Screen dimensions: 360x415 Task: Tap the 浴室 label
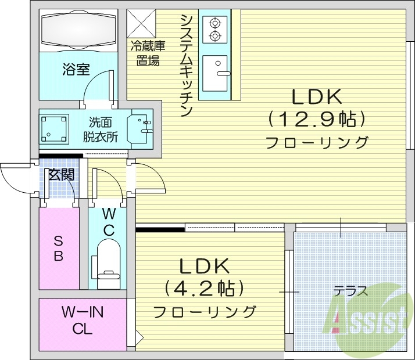pyautogui.click(x=76, y=70)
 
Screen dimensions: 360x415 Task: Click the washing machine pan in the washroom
pyautogui.click(x=54, y=128)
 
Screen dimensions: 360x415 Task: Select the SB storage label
pyautogui.click(x=58, y=249)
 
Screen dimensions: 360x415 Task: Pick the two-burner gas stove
pyautogui.click(x=215, y=30)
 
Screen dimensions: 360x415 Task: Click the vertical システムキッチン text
pyautogui.click(x=187, y=65)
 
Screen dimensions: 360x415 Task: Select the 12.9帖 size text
pyautogui.click(x=317, y=120)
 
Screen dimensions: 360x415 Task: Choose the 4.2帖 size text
pyautogui.click(x=204, y=287)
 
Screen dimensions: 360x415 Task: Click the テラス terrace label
pyautogui.click(x=350, y=291)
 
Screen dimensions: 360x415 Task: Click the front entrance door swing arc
pyautogui.click(x=14, y=178)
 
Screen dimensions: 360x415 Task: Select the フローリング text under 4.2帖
pyautogui.click(x=204, y=311)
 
